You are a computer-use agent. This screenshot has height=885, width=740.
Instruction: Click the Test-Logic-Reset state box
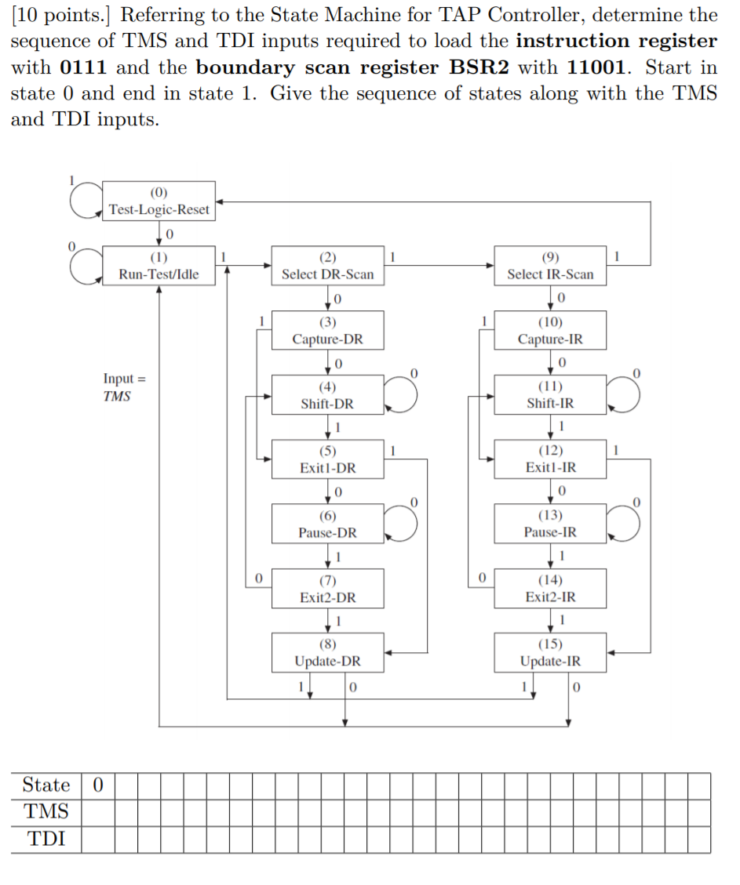[159, 201]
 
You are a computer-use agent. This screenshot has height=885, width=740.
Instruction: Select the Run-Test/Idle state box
[159, 266]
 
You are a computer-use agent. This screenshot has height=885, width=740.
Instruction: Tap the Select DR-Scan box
[327, 266]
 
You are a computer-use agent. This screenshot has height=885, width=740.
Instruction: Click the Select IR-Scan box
[550, 266]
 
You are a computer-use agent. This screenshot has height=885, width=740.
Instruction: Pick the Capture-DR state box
[327, 330]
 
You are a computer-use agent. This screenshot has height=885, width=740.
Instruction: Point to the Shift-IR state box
[550, 394]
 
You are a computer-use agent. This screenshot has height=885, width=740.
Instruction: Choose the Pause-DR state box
[327, 524]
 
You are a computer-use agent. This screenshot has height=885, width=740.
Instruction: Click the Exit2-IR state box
[550, 588]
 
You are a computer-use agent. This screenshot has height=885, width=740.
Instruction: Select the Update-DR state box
[327, 652]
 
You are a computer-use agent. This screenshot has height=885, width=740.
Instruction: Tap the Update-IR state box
[550, 652]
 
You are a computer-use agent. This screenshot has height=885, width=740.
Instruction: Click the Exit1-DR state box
[327, 459]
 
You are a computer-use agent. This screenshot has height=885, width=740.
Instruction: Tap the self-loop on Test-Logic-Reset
[85, 200]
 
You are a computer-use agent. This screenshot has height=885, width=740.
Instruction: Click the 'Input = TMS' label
[118, 387]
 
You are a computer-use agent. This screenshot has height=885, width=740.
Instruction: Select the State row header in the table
[46, 785]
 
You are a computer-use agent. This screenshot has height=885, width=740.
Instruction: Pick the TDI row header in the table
[46, 840]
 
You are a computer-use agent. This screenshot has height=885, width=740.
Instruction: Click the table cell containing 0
[97, 785]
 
